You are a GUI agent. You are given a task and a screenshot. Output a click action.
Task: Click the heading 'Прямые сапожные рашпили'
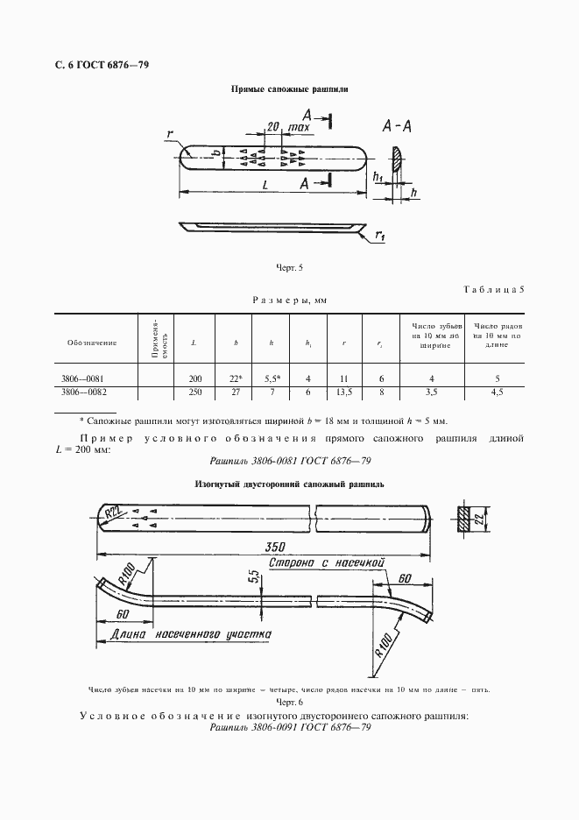[x=289, y=89]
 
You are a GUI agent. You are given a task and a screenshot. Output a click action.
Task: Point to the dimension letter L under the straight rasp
[x=264, y=185]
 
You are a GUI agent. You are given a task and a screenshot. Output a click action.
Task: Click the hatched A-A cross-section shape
[x=397, y=160]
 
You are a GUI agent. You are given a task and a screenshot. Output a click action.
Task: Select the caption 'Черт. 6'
[x=288, y=703]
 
